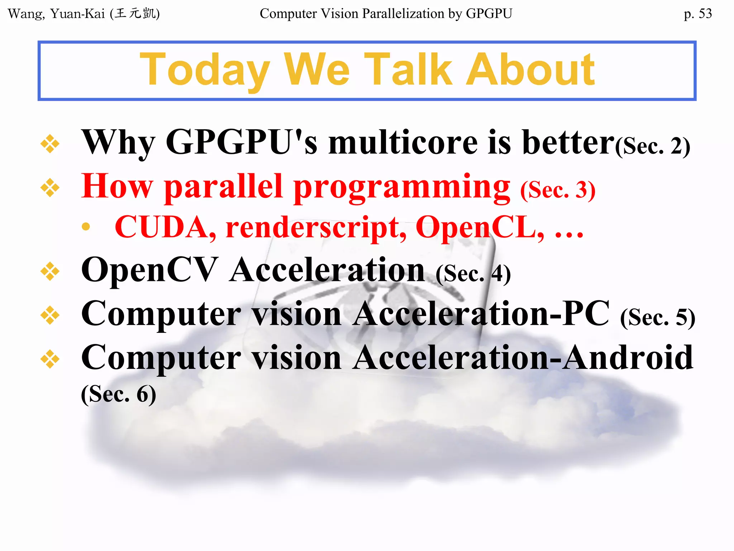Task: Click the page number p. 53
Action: [x=697, y=14]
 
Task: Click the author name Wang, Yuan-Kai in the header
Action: [x=56, y=14]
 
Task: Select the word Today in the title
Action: [x=205, y=70]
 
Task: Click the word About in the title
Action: [x=530, y=70]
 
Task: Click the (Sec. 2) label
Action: [x=653, y=146]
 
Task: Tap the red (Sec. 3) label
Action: [x=558, y=190]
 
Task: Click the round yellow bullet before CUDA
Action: [x=86, y=226]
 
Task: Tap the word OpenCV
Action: [x=149, y=270]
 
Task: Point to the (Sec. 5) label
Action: [x=658, y=317]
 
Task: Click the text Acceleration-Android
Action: [x=523, y=358]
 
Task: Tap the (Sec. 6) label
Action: [x=119, y=394]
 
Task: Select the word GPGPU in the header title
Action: [x=489, y=14]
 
